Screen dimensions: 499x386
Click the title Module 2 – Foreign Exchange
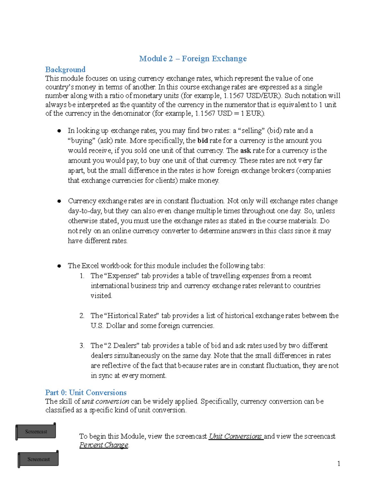pyautogui.click(x=193, y=58)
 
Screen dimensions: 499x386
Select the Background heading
pyautogui.click(x=65, y=69)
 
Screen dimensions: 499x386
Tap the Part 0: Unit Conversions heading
pyautogui.click(x=86, y=392)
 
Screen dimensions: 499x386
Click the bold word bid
pyautogui.click(x=202, y=140)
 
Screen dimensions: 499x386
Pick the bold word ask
pyautogui.click(x=245, y=150)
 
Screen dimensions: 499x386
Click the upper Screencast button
pyautogui.click(x=36, y=432)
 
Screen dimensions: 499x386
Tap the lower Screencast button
pyautogui.click(x=38, y=459)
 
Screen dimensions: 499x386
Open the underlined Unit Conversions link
pyautogui.click(x=235, y=436)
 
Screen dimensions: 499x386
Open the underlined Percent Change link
pyautogui.click(x=104, y=445)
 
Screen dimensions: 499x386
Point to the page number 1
pyautogui.click(x=338, y=463)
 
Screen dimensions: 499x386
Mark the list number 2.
pyautogui.click(x=82, y=316)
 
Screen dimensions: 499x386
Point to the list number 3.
pyautogui.click(x=82, y=345)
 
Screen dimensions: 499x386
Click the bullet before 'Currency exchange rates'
pyautogui.click(x=59, y=201)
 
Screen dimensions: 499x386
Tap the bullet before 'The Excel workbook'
pyautogui.click(x=59, y=266)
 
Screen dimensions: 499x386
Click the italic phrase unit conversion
pyautogui.click(x=106, y=401)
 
